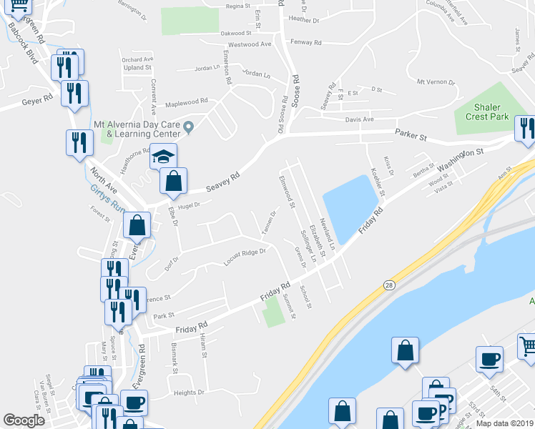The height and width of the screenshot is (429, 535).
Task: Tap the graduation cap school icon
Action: (x=163, y=157)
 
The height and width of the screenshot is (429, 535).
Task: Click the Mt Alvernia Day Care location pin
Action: (x=190, y=128)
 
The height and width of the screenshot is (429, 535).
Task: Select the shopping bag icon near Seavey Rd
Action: (x=173, y=182)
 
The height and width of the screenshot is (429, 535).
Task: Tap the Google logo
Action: (x=24, y=420)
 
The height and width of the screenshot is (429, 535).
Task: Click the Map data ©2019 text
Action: (x=505, y=423)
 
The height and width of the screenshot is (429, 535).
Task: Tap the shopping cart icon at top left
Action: (x=19, y=6)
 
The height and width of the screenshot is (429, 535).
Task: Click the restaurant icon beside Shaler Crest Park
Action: (x=526, y=129)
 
